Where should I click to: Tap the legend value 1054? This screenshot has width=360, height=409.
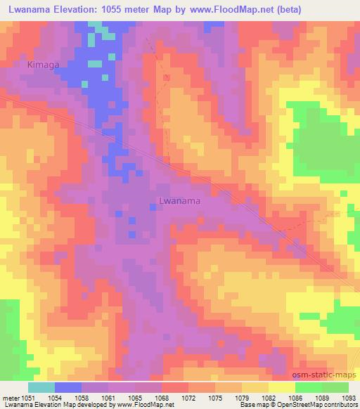coord(54,397)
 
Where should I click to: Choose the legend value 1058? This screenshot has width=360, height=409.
coord(81,397)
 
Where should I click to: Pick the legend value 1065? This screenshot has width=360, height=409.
coord(134,397)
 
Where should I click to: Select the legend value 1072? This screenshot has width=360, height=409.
coord(188,397)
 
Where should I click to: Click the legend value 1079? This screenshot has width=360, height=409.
coord(242,397)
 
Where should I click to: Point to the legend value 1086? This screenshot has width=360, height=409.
coord(295,397)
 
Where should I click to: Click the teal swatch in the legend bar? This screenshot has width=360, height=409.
coord(41,387)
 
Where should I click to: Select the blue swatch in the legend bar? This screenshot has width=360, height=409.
coord(67,387)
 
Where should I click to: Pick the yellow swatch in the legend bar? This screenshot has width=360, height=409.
coord(281,387)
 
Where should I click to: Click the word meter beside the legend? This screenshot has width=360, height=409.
coord(10,397)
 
